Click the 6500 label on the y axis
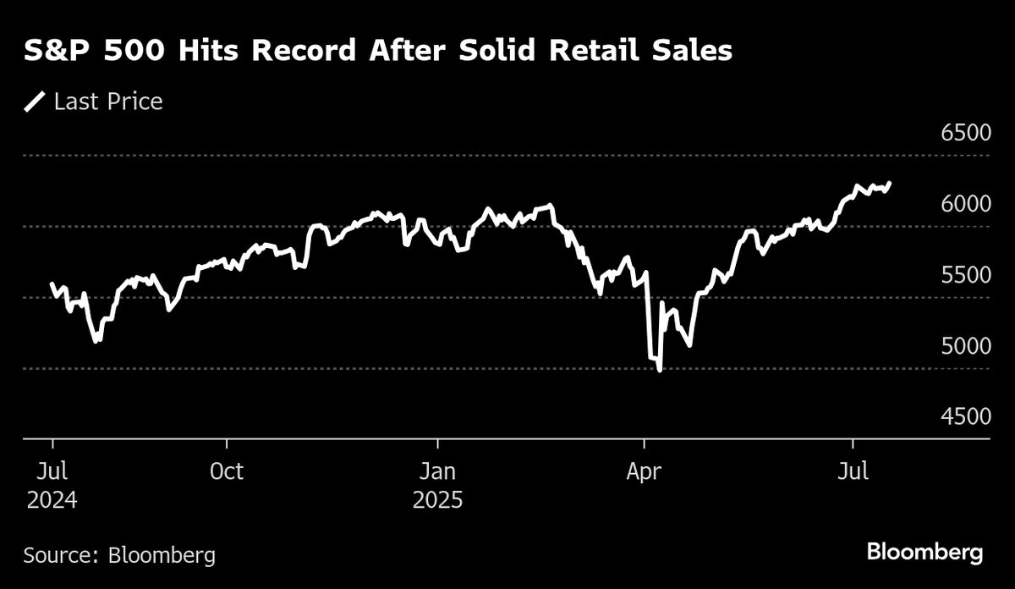click(966, 134)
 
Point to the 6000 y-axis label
click(966, 205)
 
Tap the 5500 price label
click(966, 276)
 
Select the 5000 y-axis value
click(966, 347)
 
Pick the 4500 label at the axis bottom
click(966, 418)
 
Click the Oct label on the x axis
click(226, 471)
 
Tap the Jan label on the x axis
click(437, 471)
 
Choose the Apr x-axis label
click(645, 471)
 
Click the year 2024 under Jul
click(52, 500)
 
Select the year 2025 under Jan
click(437, 500)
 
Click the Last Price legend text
click(108, 102)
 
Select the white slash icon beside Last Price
click(36, 102)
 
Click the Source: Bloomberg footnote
click(119, 555)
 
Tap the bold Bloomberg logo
click(924, 553)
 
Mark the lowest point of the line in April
click(659, 370)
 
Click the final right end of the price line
click(889, 183)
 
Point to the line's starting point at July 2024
click(52, 283)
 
